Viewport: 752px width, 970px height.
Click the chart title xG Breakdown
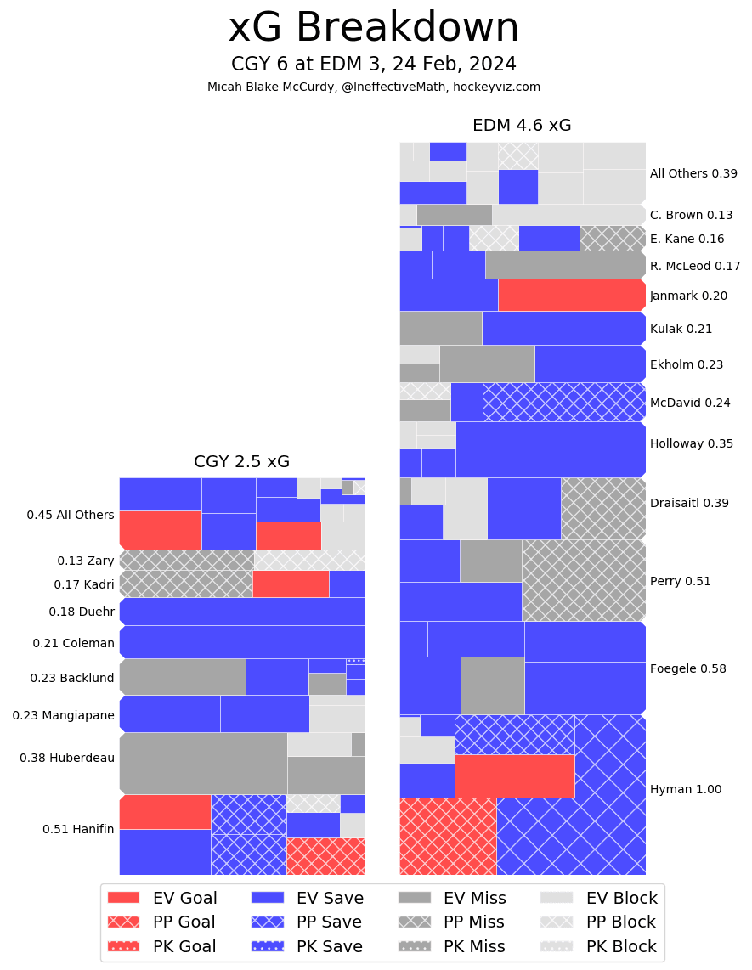click(374, 28)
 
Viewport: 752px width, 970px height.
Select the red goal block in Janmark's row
click(571, 295)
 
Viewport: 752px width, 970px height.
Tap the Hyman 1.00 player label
click(685, 789)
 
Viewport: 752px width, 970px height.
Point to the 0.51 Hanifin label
click(78, 829)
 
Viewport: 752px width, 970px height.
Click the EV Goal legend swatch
click(124, 898)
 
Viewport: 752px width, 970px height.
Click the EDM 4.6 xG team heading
click(522, 126)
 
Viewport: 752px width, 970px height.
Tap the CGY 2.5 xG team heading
click(241, 462)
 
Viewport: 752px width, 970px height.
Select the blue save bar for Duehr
click(243, 612)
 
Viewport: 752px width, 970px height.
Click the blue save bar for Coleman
click(243, 642)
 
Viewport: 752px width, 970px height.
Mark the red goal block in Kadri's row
click(291, 584)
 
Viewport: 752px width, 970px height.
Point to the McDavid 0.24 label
click(690, 403)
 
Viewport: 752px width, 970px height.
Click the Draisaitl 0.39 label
click(689, 503)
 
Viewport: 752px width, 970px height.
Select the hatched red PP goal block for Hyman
click(448, 836)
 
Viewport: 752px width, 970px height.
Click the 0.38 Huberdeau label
click(67, 758)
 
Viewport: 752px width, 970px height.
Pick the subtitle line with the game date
click(374, 65)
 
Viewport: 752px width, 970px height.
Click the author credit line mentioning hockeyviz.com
click(374, 87)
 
